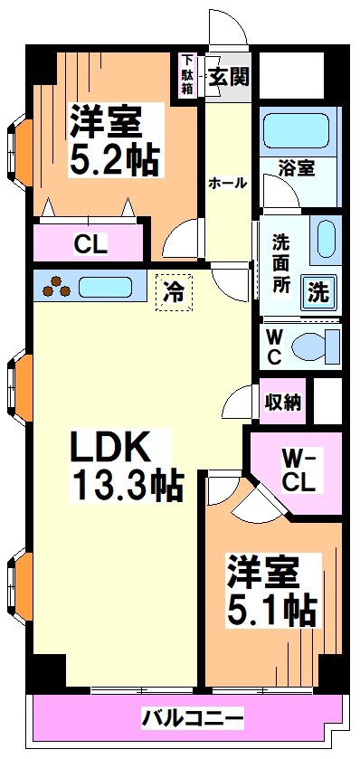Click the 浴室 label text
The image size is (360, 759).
click(x=298, y=169)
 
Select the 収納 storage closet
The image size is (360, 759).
click(x=282, y=403)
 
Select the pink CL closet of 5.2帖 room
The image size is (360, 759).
click(x=90, y=242)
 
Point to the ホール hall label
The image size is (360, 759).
click(x=227, y=183)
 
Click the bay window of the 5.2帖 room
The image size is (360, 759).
click(x=23, y=145)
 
